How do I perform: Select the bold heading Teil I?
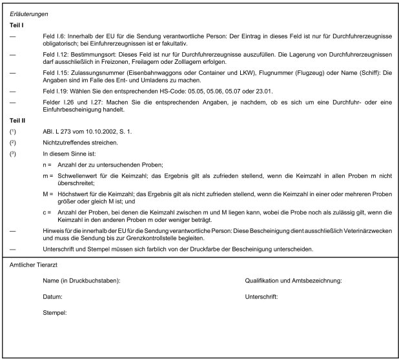[x=17, y=25]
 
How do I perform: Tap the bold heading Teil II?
[x=18, y=121]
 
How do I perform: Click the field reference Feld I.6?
[x=54, y=36]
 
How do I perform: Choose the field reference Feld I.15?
[x=55, y=73]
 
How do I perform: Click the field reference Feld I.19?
[x=55, y=92]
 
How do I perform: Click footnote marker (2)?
[x=13, y=142]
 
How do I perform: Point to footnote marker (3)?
[x=13, y=154]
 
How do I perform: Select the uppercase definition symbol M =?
[x=47, y=194]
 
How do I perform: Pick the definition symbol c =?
[x=47, y=212]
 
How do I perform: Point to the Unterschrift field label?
[x=261, y=297]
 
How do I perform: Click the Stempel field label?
[x=56, y=313]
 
